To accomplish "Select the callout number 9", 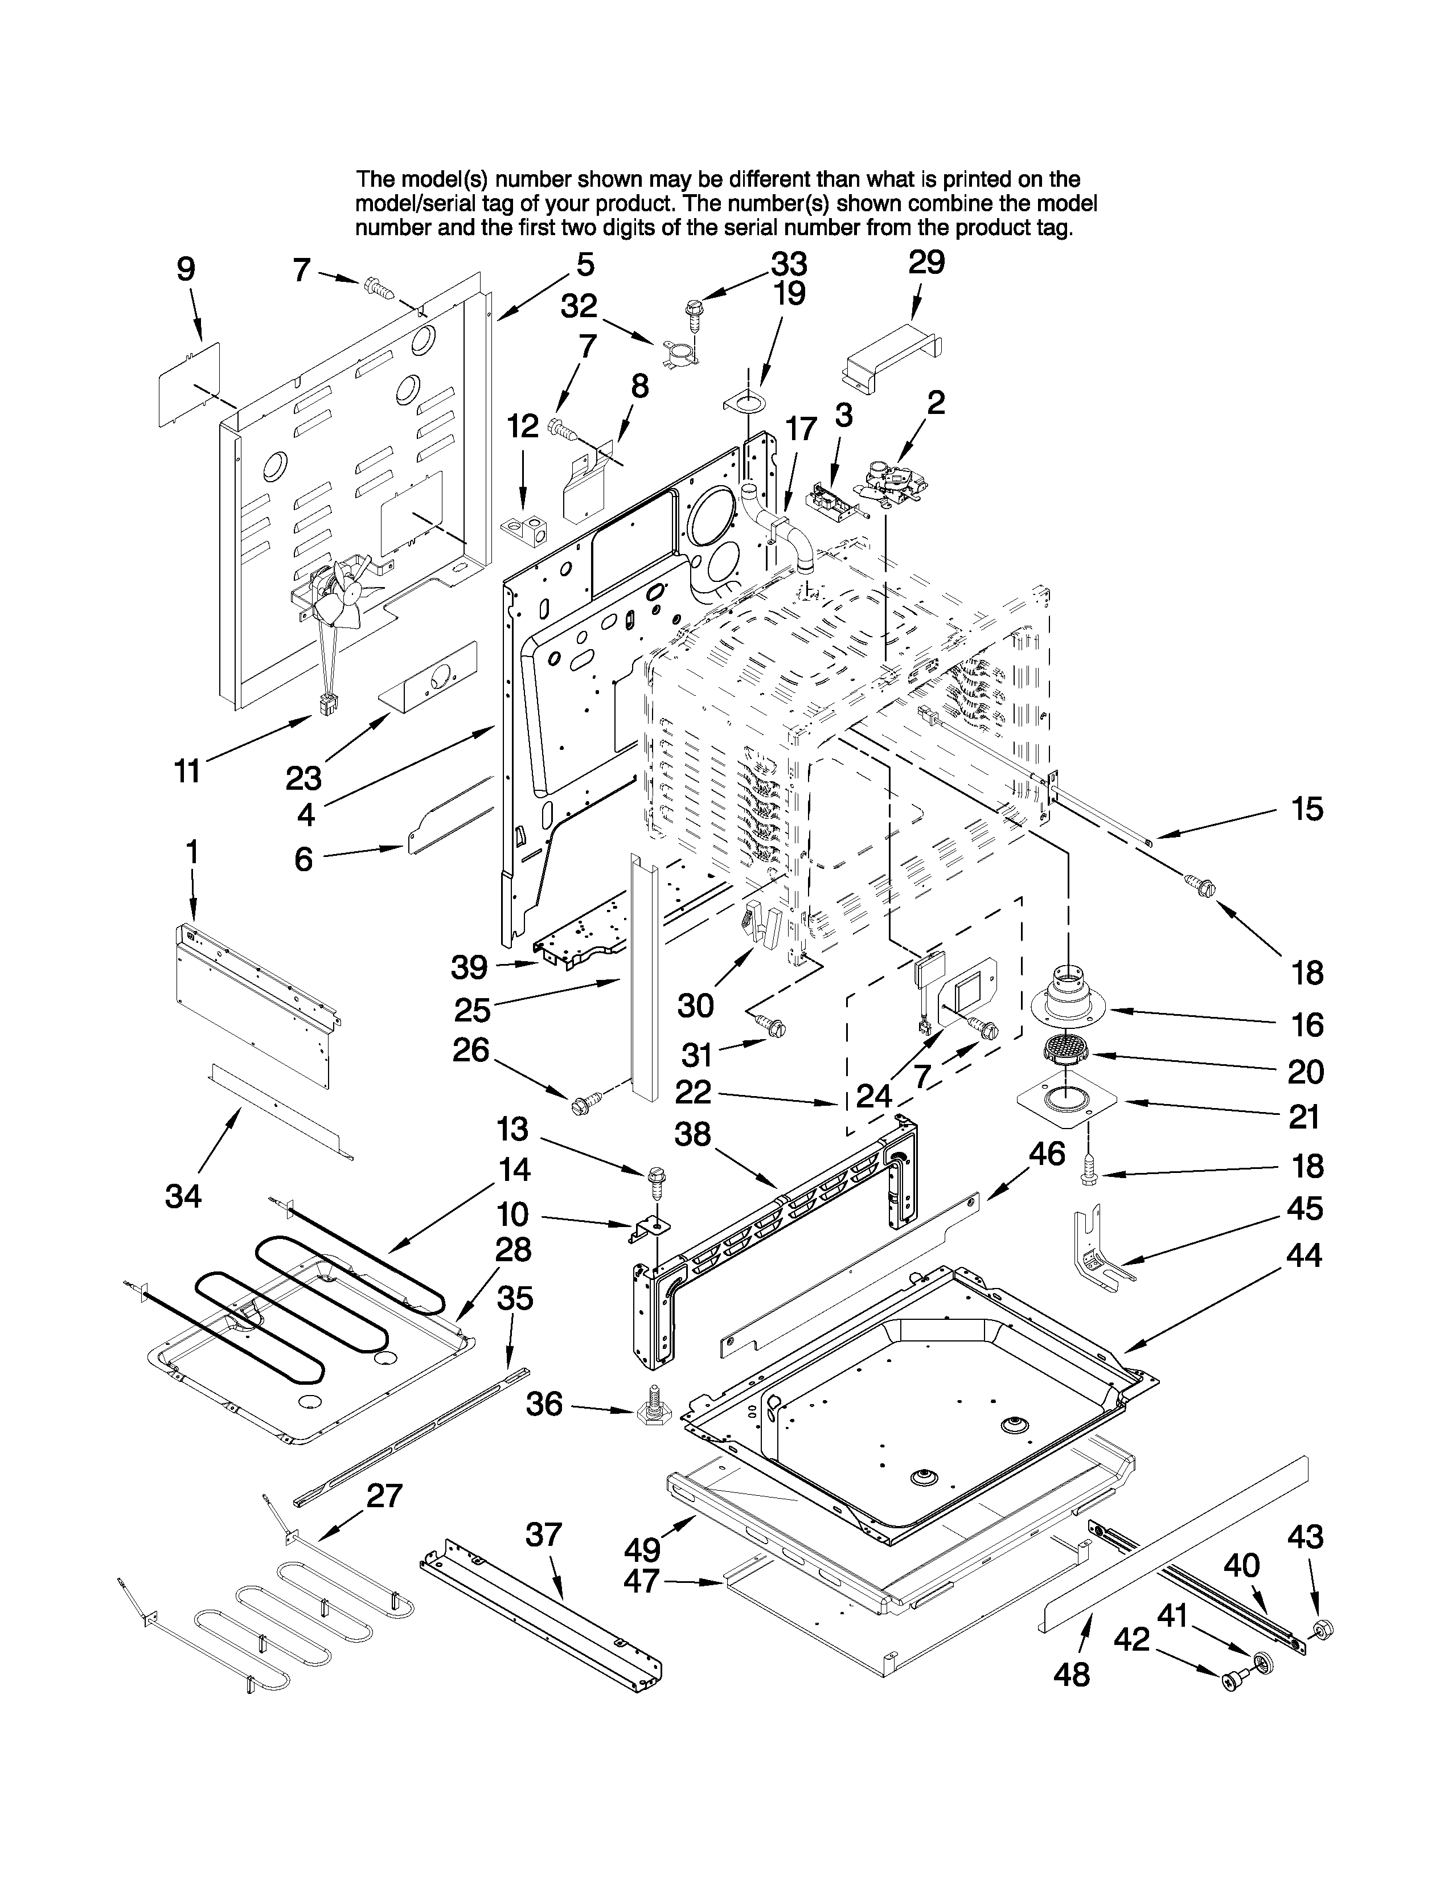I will (186, 269).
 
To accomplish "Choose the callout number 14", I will (514, 1169).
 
